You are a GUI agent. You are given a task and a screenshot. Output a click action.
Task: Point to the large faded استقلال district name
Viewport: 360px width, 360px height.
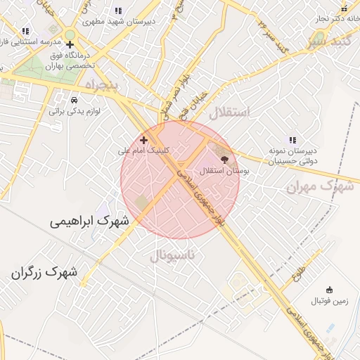click(x=229, y=111)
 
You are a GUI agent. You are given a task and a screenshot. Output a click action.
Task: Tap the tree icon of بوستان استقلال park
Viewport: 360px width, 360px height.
click(x=224, y=160)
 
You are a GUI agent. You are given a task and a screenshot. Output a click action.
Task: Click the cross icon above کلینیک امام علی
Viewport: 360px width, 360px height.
click(x=144, y=140)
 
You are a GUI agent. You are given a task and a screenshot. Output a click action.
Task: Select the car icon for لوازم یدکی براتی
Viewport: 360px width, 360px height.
click(x=75, y=100)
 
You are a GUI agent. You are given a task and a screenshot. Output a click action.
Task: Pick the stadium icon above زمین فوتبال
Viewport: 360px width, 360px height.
click(x=328, y=290)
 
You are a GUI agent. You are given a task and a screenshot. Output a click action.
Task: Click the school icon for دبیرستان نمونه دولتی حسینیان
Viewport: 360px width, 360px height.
click(x=292, y=140)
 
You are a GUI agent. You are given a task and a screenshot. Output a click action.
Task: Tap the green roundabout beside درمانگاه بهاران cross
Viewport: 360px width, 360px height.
click(x=70, y=34)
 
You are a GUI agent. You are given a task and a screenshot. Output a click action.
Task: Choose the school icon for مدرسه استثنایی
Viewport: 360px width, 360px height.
click(x=26, y=31)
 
